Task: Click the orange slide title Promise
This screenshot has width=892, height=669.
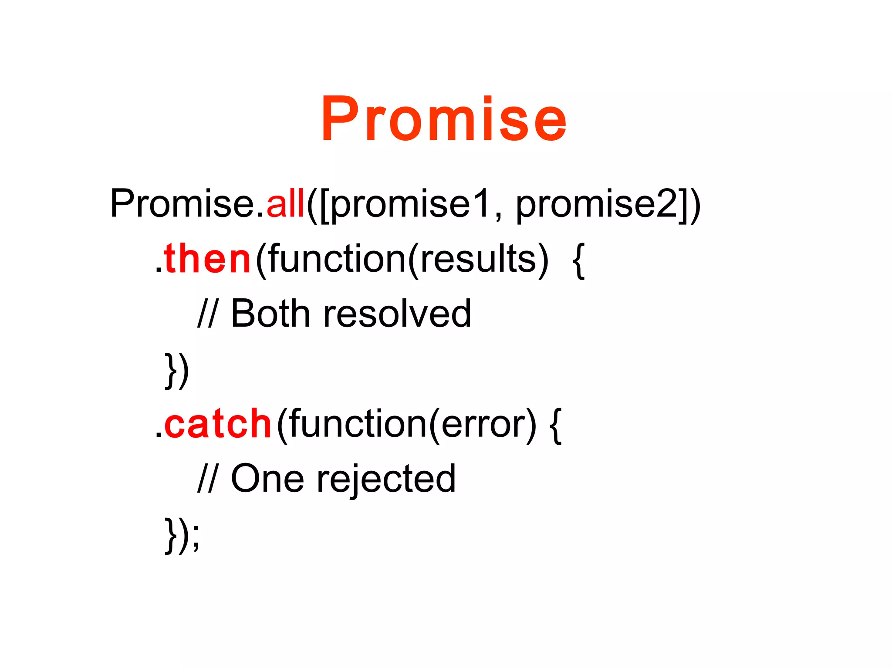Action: click(x=444, y=119)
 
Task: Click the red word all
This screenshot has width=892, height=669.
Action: click(x=285, y=203)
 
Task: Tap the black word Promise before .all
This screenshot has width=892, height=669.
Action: click(x=182, y=203)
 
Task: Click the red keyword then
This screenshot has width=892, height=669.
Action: click(x=208, y=259)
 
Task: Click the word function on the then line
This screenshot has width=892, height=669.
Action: click(x=337, y=259)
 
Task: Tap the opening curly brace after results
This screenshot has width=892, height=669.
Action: click(x=578, y=260)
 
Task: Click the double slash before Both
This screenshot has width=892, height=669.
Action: click(x=206, y=314)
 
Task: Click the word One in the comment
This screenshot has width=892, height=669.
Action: click(x=267, y=479)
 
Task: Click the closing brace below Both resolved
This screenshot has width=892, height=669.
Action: click(x=171, y=370)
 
